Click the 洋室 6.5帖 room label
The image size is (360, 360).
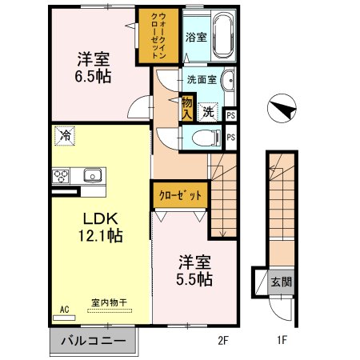pyautogui.click(x=94, y=67)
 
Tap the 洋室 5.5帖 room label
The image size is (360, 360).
pyautogui.click(x=194, y=270)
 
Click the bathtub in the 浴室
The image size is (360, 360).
pyautogui.click(x=220, y=35)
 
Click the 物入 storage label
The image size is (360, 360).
pyautogui.click(x=186, y=107)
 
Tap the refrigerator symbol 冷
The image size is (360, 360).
pyautogui.click(x=65, y=138)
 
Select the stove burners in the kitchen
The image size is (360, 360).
pyautogui.click(x=61, y=176)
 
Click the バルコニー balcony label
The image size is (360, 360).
pyautogui.click(x=93, y=340)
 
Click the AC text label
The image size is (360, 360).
pyautogui.click(x=63, y=306)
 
